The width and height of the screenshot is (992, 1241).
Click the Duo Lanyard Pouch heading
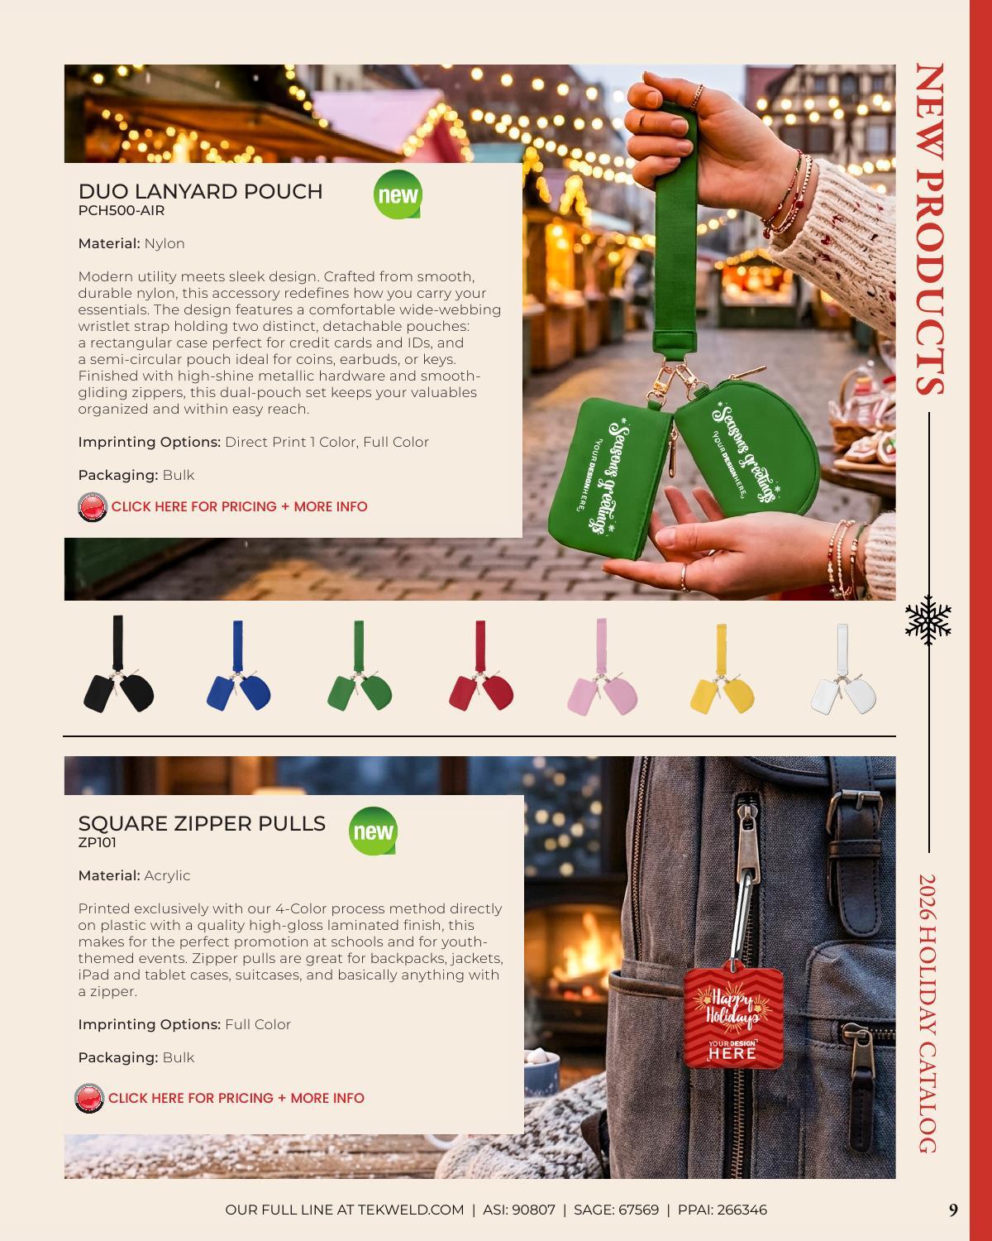200,191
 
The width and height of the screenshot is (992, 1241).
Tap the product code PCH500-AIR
122,211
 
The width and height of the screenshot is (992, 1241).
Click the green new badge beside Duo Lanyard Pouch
398,194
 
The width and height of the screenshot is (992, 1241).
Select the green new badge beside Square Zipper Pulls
373,831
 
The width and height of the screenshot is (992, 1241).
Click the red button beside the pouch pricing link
93,507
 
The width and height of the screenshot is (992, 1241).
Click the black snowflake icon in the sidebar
928,620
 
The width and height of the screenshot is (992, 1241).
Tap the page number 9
953,1210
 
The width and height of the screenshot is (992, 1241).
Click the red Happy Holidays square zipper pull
733,1017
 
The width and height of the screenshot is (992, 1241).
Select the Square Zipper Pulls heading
202,823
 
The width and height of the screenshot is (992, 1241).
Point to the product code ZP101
98,842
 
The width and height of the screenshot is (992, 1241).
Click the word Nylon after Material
165,244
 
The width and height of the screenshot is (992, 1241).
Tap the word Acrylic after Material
167,876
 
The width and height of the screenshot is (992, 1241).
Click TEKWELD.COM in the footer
410,1210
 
